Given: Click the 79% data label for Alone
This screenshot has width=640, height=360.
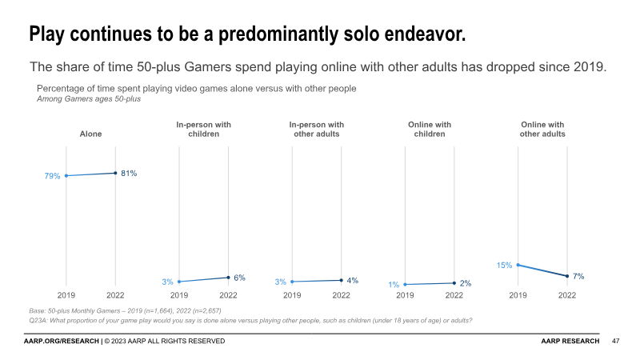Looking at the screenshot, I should pos(53,176).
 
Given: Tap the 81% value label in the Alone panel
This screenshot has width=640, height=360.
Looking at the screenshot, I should pos(129,173).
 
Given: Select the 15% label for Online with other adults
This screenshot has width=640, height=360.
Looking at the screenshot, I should pos(504,265).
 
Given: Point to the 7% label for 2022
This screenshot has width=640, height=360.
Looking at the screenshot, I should pos(578,276).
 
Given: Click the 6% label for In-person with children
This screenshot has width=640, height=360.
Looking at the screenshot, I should pos(239,278).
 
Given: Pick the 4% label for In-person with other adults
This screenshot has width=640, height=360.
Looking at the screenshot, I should pos(352,280).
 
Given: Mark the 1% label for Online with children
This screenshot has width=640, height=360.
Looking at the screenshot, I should pos(394,285).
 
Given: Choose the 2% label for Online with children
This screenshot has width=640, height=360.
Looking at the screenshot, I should pos(465,283).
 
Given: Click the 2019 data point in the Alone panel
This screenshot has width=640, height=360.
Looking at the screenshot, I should pos(66,176).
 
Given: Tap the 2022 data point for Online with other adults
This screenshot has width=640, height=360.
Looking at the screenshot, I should pos(567,277).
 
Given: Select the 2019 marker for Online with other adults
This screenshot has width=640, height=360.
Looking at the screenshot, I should pos(518,265).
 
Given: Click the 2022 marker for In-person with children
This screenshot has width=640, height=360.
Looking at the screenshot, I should pos(229,278).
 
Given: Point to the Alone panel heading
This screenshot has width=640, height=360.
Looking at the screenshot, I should pos(90,134).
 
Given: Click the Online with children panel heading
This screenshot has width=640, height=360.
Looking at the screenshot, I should pos(430,130).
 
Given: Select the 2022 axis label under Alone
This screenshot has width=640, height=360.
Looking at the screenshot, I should pos(115,295).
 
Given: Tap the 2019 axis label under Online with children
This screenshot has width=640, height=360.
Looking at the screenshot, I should pos(405,295).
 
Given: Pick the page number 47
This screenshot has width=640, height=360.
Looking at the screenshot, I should pos(616,342).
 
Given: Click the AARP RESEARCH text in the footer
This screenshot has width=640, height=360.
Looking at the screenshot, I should pos(570,342).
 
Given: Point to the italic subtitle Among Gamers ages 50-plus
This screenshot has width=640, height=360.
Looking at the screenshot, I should pos(89,99).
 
